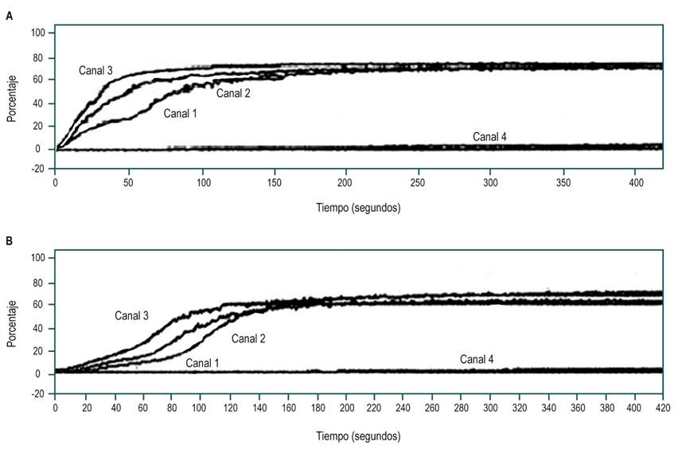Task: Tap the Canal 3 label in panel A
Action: [95, 71]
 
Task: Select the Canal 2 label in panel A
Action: [234, 94]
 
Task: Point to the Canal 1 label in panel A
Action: [181, 114]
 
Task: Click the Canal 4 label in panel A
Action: [489, 136]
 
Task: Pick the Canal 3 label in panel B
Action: [131, 315]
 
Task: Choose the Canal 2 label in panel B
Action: [248, 338]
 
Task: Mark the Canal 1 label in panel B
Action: [203, 363]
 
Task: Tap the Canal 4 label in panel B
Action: [477, 360]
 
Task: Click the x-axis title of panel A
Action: [355, 208]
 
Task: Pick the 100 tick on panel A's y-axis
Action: [38, 33]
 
